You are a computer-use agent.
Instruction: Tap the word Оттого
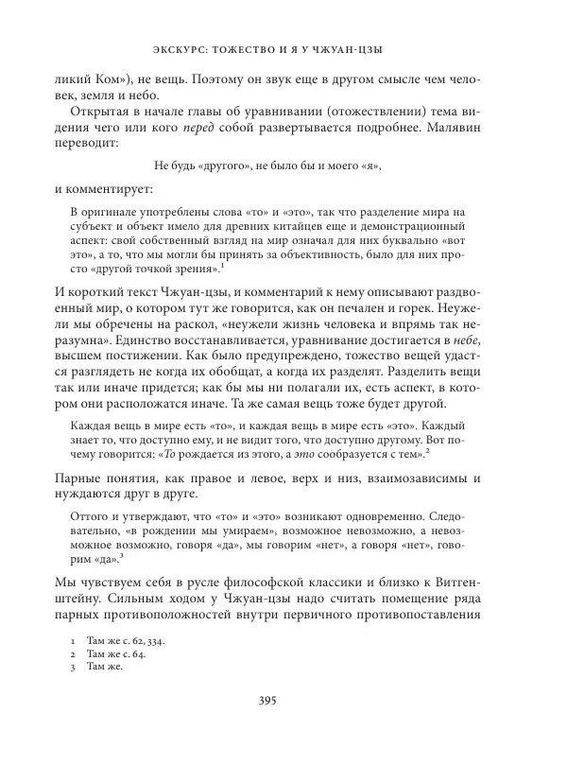click(x=90, y=517)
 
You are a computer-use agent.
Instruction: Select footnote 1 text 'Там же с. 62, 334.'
click(x=125, y=640)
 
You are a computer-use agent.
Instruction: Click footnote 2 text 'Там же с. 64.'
click(x=115, y=653)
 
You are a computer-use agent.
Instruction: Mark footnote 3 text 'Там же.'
click(x=104, y=666)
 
